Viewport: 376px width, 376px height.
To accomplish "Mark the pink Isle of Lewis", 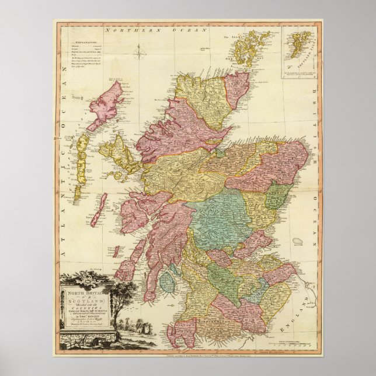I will [x=105, y=106].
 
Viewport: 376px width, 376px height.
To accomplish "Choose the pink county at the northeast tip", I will [x=238, y=88].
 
